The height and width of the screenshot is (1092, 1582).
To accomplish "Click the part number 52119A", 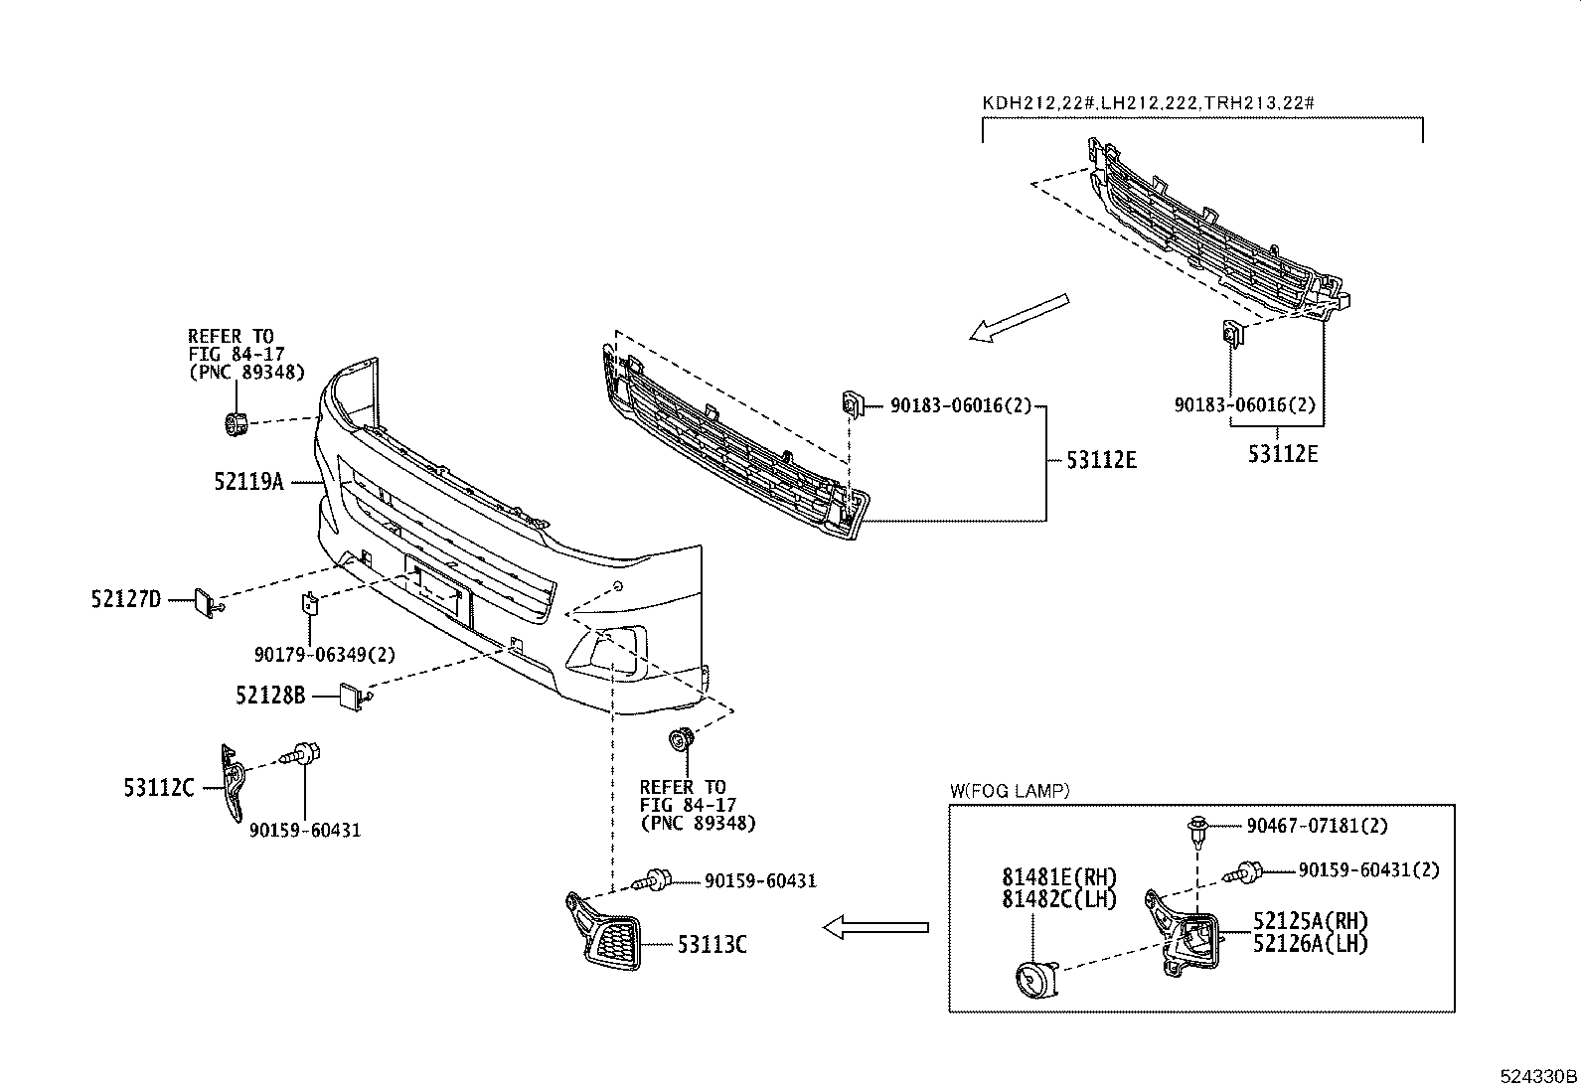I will tap(248, 482).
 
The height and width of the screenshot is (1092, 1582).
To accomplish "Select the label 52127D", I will tap(126, 599).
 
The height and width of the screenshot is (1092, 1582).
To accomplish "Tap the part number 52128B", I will tap(270, 696).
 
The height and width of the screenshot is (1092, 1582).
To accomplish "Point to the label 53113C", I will tap(712, 944).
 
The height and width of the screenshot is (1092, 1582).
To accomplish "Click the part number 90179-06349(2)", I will tap(325, 655).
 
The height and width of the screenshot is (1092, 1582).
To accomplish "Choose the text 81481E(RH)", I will tap(1059, 878).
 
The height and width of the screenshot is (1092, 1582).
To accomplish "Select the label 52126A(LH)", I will tap(1310, 944).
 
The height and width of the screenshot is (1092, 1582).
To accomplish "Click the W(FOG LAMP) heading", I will tap(1009, 791).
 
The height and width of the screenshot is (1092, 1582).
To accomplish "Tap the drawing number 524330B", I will tap(1538, 1076).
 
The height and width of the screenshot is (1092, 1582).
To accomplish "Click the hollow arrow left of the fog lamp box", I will tap(875, 928).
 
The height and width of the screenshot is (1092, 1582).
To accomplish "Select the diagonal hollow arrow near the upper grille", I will tap(1020, 318).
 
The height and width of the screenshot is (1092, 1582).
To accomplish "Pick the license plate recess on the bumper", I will tap(436, 590).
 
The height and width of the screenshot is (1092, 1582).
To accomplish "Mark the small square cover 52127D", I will tap(205, 600).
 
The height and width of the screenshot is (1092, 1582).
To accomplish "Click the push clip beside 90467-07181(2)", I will tap(1197, 827).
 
